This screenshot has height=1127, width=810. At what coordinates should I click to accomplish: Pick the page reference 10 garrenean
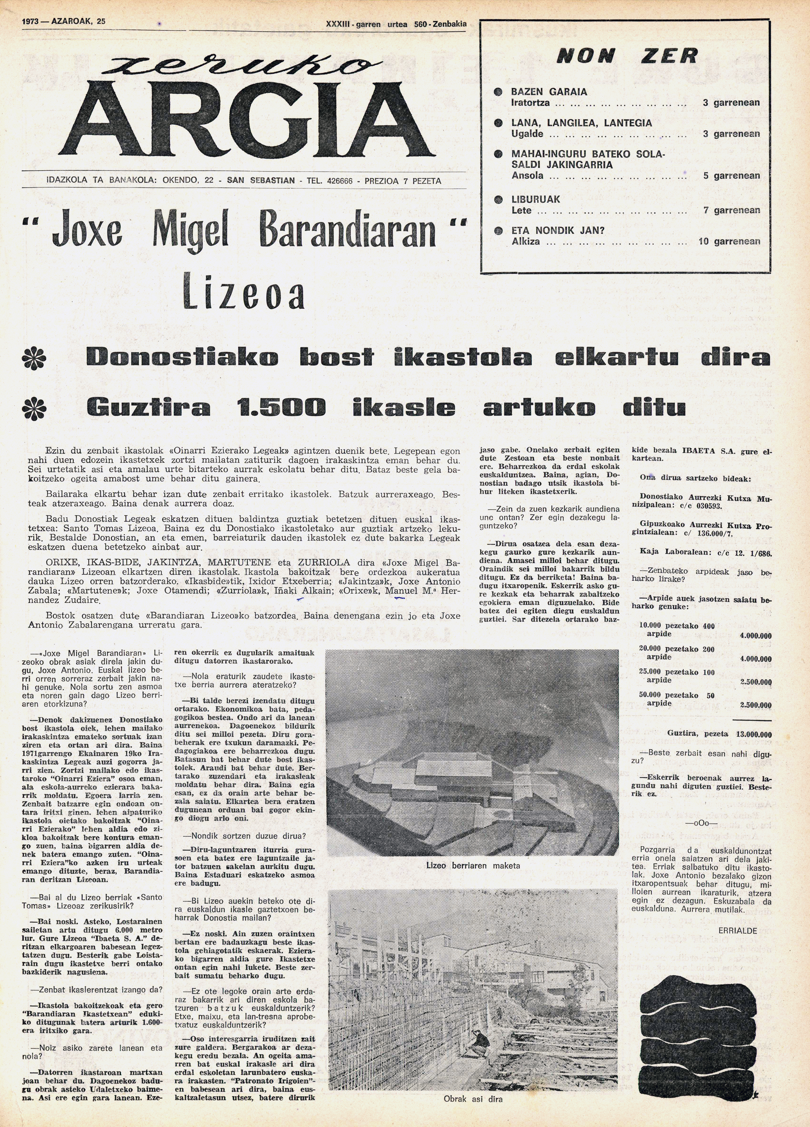pos(729,241)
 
